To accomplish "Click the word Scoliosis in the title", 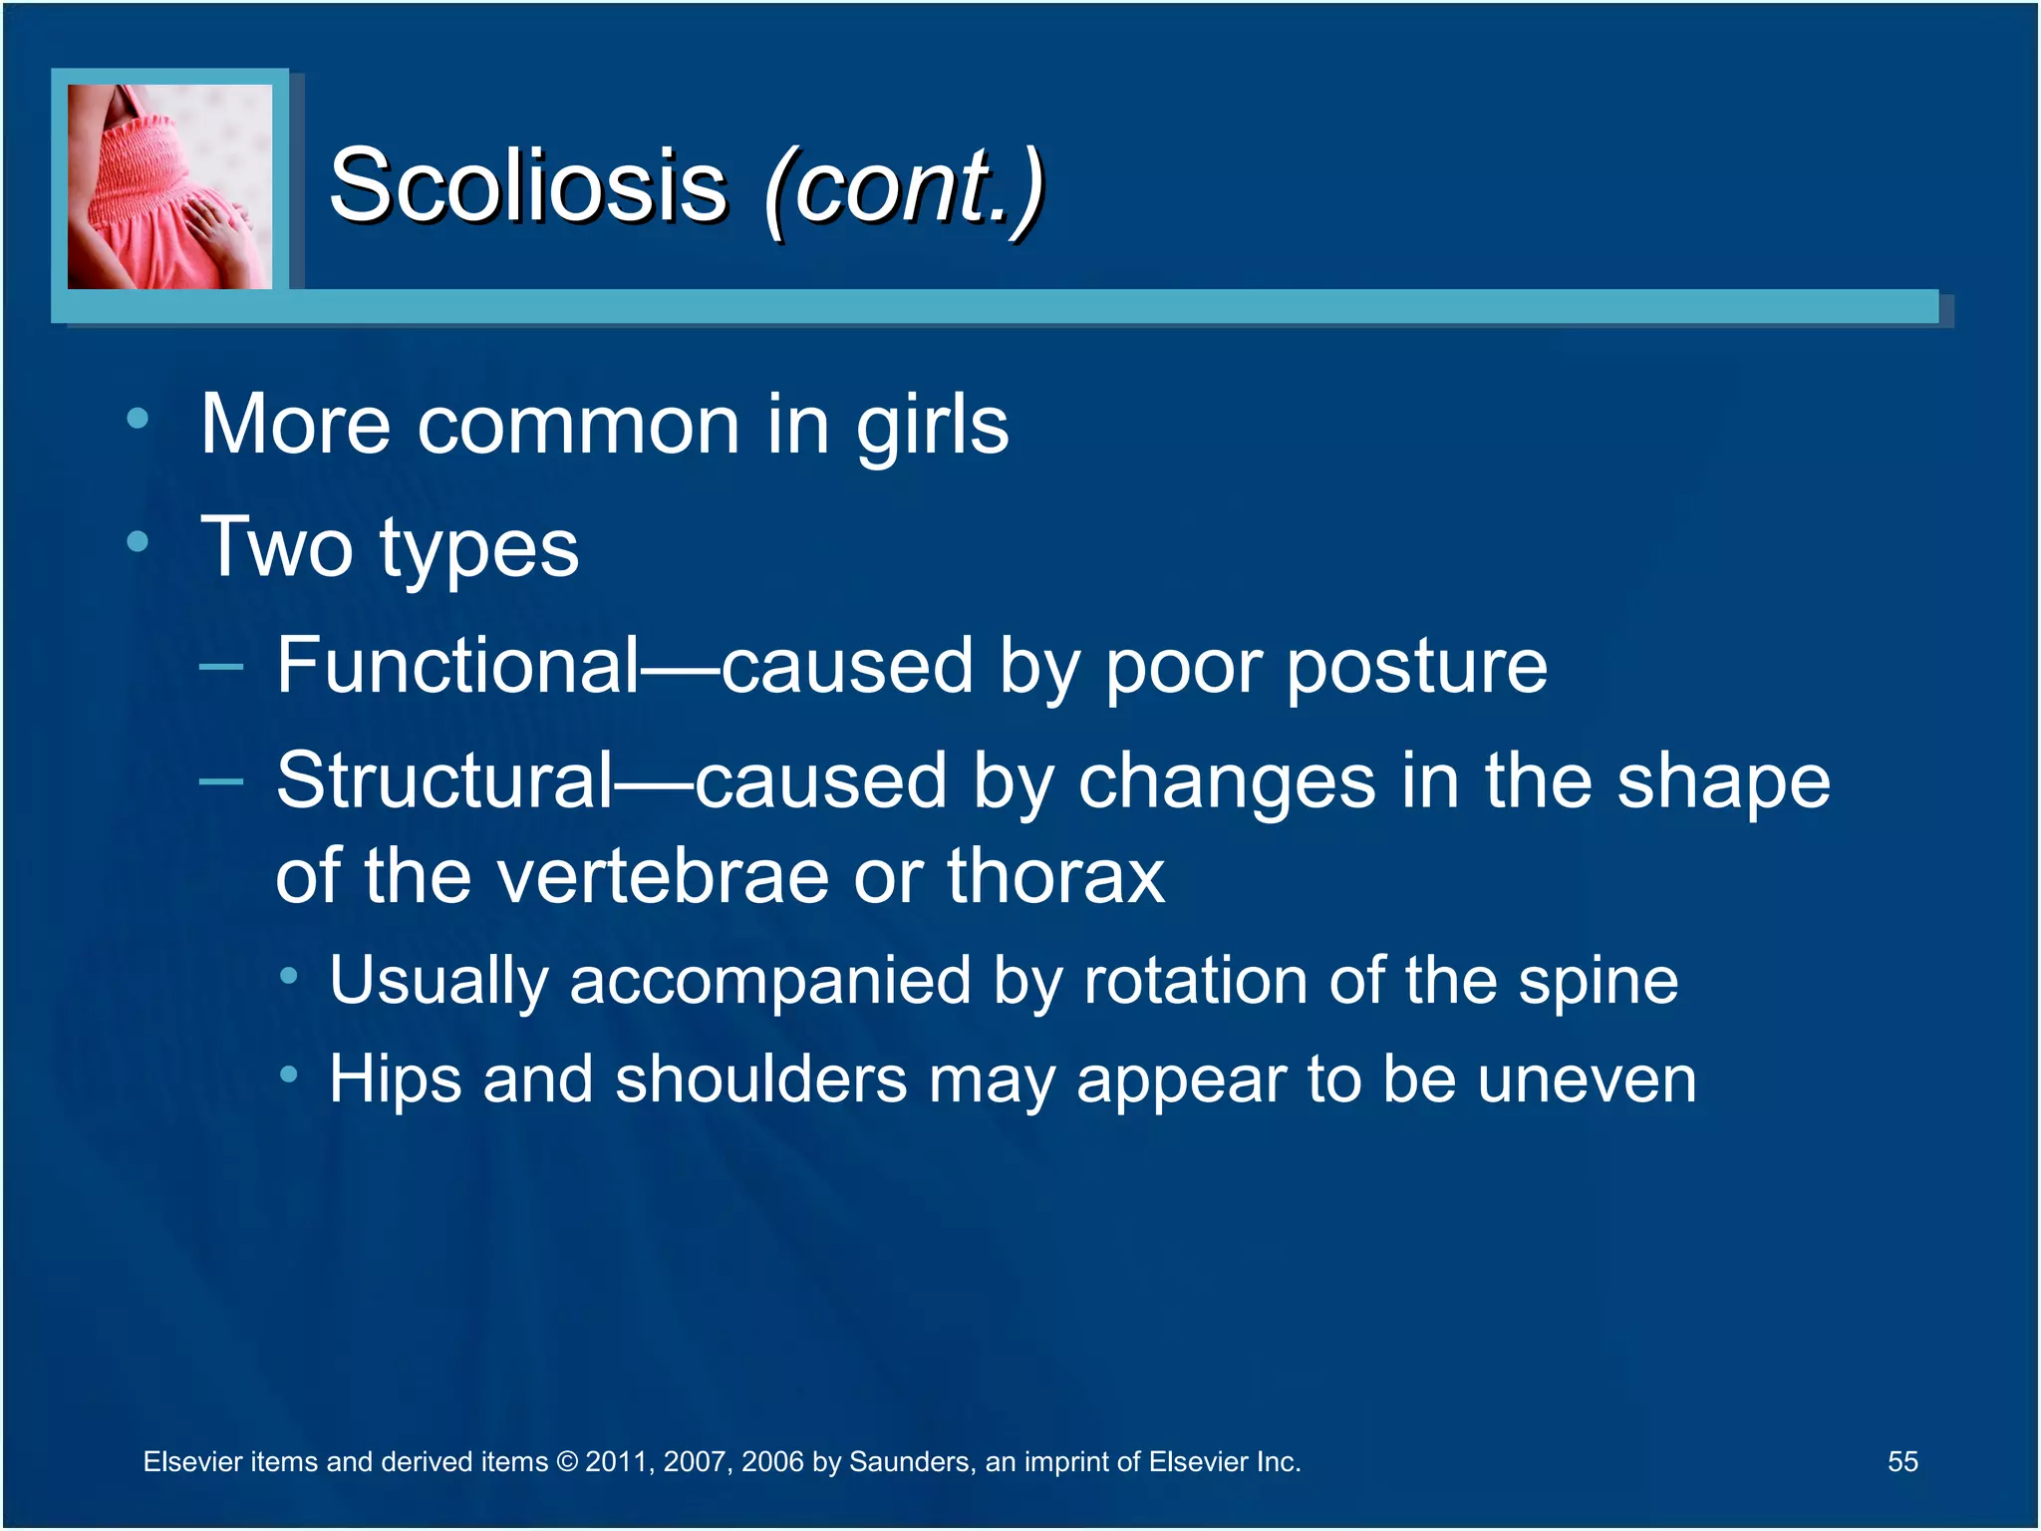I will tap(528, 185).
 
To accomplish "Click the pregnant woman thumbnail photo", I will tap(169, 186).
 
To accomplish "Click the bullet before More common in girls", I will tap(138, 420).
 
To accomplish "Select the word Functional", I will tap(457, 666).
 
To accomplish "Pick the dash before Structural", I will tap(220, 781).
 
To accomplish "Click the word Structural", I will tap(444, 780).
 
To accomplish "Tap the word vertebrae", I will tap(663, 876).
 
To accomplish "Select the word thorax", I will tap(1055, 876).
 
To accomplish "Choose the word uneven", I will tap(1587, 1080).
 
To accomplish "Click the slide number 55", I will tap(1901, 1461).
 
